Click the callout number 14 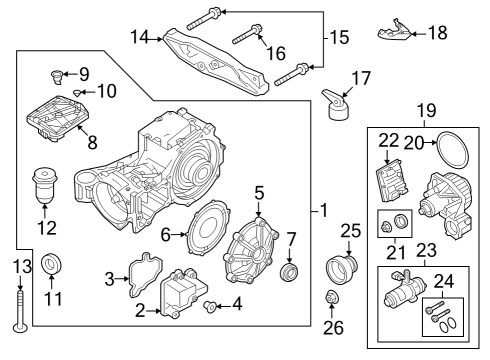click(141, 37)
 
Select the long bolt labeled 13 click(18, 305)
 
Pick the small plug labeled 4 click(211, 303)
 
